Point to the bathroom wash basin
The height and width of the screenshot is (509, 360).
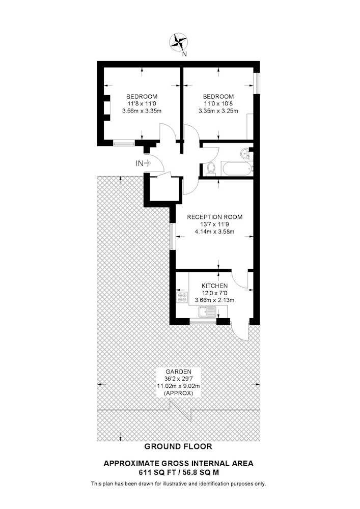(x=246, y=153)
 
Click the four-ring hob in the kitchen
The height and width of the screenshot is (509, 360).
(x=182, y=297)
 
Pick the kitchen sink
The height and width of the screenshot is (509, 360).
(x=207, y=313)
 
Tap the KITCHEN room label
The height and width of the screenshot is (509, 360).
(x=214, y=286)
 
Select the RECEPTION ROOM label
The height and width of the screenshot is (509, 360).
(x=214, y=217)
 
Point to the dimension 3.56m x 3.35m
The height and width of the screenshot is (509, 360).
(x=142, y=110)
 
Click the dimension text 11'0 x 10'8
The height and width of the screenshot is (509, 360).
(x=218, y=103)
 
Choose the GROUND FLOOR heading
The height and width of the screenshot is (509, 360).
(x=178, y=446)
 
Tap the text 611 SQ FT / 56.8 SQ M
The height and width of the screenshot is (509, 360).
(x=178, y=472)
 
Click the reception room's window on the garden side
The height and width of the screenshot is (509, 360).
(x=172, y=236)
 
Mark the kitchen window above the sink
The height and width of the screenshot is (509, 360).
(x=203, y=322)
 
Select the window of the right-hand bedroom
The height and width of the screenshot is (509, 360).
(x=257, y=83)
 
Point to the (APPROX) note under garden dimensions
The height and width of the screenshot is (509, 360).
(x=179, y=393)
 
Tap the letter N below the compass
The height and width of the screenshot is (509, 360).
(x=184, y=54)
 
